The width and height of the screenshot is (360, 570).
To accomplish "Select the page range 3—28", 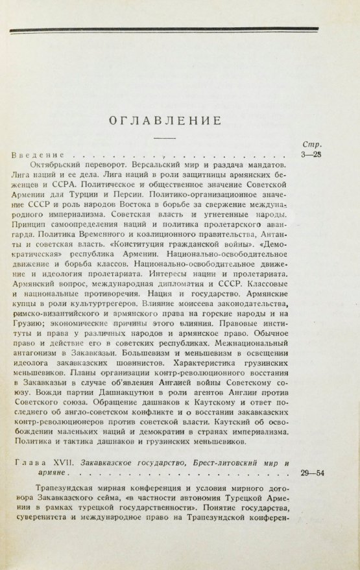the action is point(311,156).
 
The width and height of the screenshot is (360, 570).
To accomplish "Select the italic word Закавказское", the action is point(117,463).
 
